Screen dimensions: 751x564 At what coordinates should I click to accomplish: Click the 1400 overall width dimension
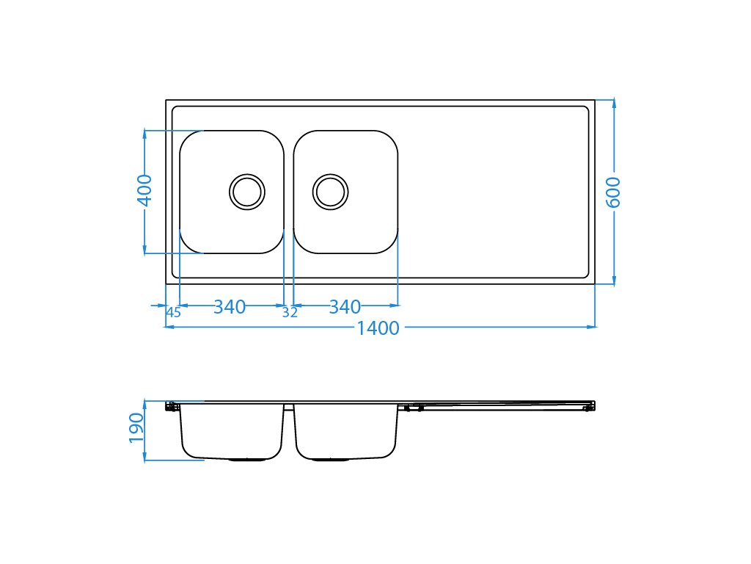click(x=378, y=328)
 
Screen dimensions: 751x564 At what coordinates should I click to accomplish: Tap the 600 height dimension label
click(x=614, y=192)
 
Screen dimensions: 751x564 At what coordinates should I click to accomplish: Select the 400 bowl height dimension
click(x=144, y=190)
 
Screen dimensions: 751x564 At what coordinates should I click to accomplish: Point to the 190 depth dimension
click(x=136, y=428)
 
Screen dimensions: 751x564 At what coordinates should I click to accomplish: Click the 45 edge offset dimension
click(x=173, y=312)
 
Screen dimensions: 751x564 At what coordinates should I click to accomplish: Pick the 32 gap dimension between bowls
click(x=290, y=312)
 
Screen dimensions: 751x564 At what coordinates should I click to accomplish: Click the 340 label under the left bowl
click(x=230, y=307)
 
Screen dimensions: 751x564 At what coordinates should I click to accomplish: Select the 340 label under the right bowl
click(x=345, y=307)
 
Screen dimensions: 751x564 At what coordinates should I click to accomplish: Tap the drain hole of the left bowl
click(x=247, y=192)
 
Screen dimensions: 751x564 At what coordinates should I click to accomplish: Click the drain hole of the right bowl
click(x=331, y=192)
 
